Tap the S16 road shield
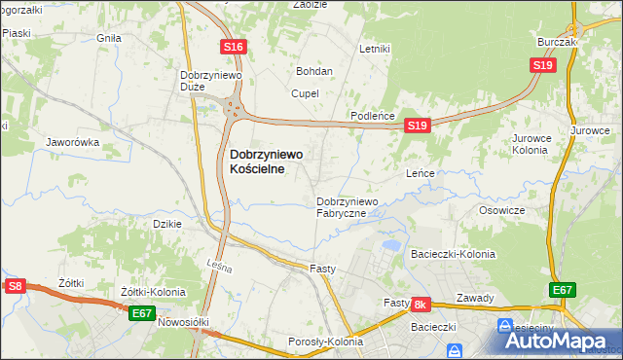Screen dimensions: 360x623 point(233,47)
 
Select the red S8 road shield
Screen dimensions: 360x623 point(14,286)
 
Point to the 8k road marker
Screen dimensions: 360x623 point(421,305)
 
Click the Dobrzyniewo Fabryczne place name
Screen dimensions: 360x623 point(354,207)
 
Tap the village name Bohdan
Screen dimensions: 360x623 point(314,71)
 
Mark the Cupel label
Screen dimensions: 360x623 point(306,93)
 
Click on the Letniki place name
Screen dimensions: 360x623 point(374,48)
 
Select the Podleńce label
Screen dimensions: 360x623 point(373,116)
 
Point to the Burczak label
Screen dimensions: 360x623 point(558,43)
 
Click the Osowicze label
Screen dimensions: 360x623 point(502,210)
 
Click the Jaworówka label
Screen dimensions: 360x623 point(73,142)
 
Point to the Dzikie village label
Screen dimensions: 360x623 point(168,224)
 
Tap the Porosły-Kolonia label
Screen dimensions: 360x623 point(325,342)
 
